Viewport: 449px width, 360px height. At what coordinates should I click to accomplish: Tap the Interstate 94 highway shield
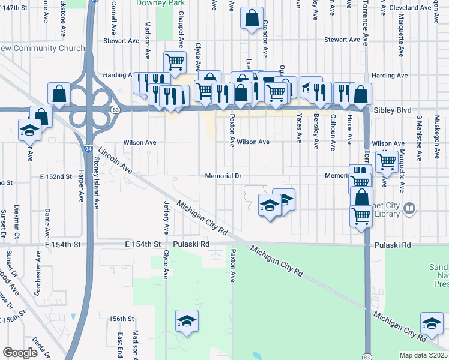point(88,148)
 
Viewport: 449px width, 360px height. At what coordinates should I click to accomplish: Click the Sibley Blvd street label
point(390,111)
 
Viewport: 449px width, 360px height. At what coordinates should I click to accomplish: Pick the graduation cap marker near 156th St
point(187,321)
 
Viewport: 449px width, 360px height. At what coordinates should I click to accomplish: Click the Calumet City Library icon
point(410,208)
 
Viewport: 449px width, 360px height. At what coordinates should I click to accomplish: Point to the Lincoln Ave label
point(115,161)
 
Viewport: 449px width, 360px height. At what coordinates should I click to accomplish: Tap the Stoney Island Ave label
point(96,183)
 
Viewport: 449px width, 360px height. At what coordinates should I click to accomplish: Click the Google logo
point(20,353)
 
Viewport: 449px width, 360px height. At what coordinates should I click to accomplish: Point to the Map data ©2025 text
point(423,355)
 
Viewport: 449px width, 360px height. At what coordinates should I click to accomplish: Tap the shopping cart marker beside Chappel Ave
point(175,61)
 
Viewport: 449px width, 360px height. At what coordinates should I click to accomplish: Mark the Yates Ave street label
point(299,129)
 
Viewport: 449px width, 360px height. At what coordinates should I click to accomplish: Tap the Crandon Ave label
point(264,42)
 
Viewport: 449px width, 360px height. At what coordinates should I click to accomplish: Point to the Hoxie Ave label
point(349,129)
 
